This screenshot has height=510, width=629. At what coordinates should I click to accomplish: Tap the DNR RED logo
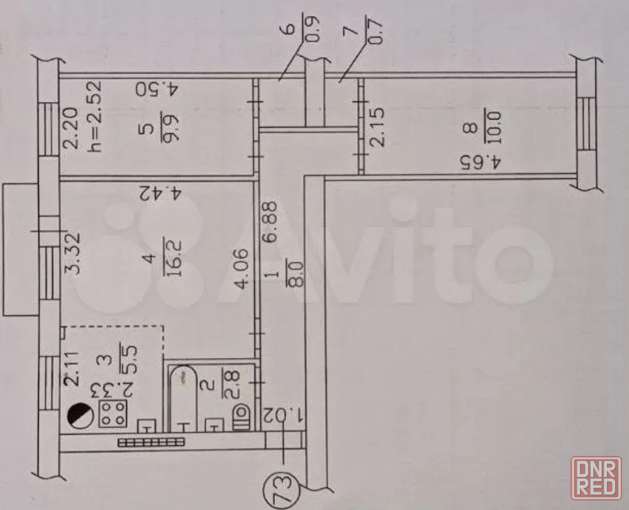tap(596, 479)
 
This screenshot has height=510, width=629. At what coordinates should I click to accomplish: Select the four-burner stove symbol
tap(113, 413)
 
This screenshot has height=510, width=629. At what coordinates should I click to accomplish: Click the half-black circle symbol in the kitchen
tap(80, 414)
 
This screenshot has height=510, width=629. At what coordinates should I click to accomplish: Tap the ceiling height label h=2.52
tap(95, 117)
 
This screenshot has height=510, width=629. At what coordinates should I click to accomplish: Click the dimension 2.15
tap(377, 126)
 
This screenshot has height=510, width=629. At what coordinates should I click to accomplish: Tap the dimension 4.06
tap(242, 269)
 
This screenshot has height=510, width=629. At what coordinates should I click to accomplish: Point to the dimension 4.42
tap(160, 193)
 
